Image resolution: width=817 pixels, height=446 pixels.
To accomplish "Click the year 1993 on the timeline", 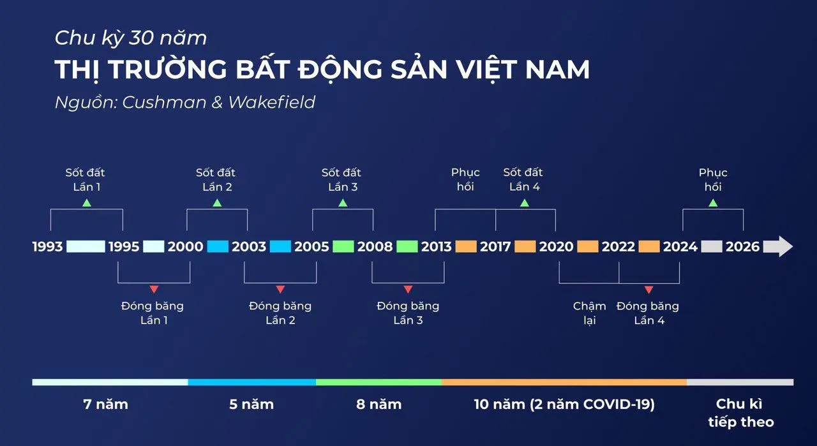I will pos(48,246).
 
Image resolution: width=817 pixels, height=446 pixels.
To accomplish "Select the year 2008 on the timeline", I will pos(375,246).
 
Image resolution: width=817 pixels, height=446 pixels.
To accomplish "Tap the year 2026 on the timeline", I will pos(743,246).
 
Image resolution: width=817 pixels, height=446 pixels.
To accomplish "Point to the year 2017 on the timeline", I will pos(495,246).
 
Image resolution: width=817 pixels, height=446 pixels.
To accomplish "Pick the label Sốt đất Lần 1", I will pos(85,179).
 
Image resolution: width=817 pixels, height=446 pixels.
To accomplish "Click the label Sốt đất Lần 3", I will pos(341,179).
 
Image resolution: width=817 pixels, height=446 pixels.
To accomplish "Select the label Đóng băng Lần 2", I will pos(280,313).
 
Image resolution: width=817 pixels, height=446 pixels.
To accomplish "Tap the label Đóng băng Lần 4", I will pos(648,313).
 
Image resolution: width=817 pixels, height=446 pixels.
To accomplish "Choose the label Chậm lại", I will pos(589,313).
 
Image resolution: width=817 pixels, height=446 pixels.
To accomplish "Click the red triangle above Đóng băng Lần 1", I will pos(154,290).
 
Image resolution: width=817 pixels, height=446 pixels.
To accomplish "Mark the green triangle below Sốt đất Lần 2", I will pos(217,203).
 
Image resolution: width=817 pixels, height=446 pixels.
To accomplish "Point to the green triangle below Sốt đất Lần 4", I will pos(525,203).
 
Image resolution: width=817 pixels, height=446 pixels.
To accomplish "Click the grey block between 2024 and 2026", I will pos(712,246).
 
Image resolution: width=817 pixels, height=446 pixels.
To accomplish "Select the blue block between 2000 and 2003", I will pos(218,246).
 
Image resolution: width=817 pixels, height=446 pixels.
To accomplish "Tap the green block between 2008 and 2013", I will pos(407,246).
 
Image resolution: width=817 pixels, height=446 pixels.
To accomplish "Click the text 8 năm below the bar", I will pos(379,404).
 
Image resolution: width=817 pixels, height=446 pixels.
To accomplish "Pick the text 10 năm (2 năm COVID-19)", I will pos(564,404).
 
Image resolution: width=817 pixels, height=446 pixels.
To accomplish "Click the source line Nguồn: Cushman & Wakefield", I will pos(185,102).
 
